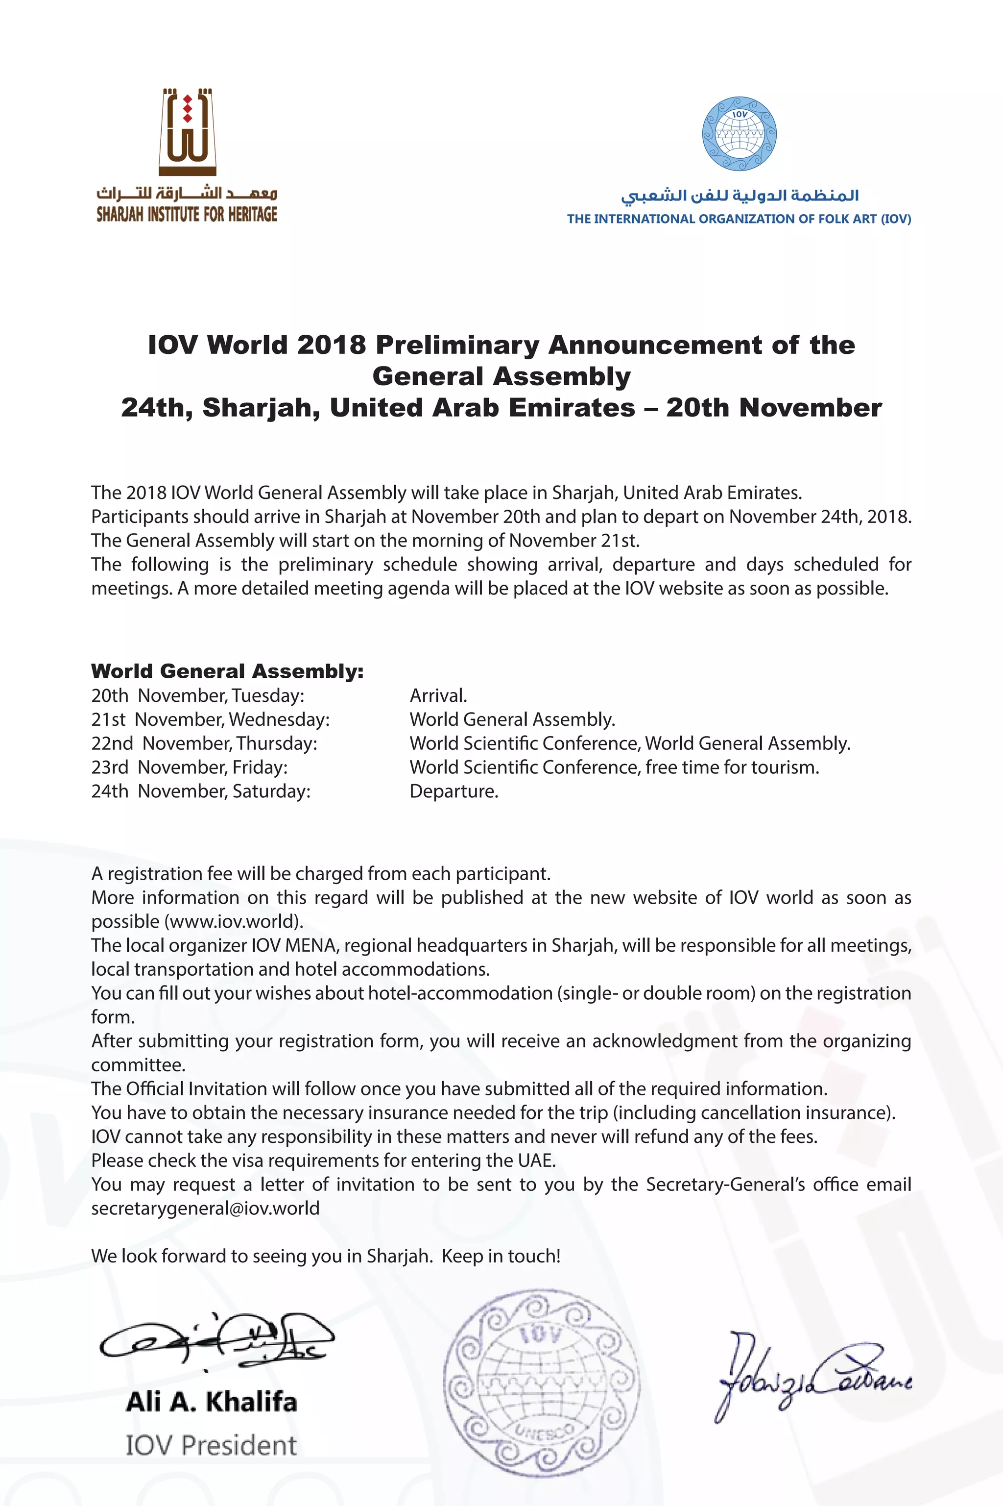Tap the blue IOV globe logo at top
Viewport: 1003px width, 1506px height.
pyautogui.click(x=740, y=134)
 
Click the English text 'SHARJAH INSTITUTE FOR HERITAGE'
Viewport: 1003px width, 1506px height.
pyautogui.click(x=187, y=215)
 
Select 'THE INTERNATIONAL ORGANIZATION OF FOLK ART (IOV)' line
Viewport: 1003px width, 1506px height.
pyautogui.click(x=739, y=219)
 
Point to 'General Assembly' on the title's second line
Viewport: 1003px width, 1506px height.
pyautogui.click(x=501, y=376)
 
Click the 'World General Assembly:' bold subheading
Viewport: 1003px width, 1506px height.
pyautogui.click(x=227, y=671)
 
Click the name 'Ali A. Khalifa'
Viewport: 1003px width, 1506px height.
pyautogui.click(x=212, y=1402)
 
